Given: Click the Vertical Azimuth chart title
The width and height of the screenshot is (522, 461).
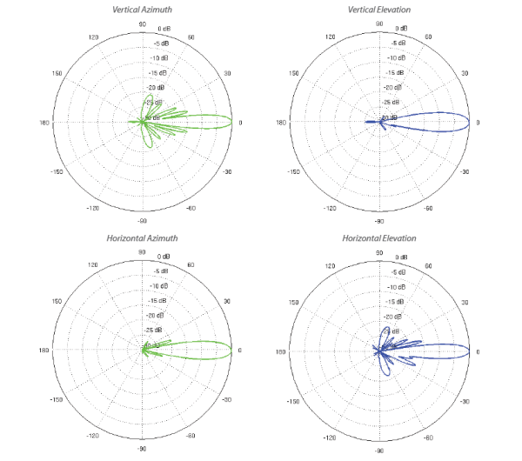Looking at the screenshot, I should (143, 10).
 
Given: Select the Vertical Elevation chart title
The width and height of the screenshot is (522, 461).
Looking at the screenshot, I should (379, 10).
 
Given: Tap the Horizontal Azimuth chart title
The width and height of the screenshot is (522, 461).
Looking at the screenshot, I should (143, 238).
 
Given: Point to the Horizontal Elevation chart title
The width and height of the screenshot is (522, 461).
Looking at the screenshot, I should (379, 238).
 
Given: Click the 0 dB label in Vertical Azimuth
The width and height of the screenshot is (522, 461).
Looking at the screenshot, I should (164, 29).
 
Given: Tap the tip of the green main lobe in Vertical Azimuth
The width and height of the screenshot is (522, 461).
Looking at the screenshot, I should (233, 122).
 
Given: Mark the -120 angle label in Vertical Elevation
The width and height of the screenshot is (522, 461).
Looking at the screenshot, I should (329, 209).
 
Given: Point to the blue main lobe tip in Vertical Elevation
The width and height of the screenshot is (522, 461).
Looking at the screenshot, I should (470, 122).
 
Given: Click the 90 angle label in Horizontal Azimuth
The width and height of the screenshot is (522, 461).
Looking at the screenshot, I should (143, 251).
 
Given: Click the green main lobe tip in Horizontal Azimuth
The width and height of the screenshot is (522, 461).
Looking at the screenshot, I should (233, 351).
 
